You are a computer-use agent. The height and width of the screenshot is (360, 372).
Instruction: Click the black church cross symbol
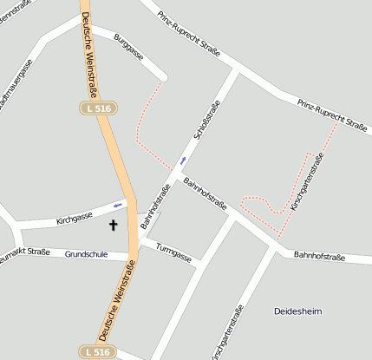[x=112, y=226]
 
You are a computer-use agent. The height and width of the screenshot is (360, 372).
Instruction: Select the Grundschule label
[x=86, y=254]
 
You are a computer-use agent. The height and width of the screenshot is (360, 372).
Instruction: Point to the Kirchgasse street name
[x=75, y=218]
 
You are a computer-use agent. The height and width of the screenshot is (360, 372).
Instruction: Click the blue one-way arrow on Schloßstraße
[x=182, y=160]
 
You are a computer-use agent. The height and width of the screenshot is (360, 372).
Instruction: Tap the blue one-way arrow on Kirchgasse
[x=118, y=206]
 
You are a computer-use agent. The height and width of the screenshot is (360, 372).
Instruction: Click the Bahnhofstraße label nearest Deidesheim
[x=319, y=256]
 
